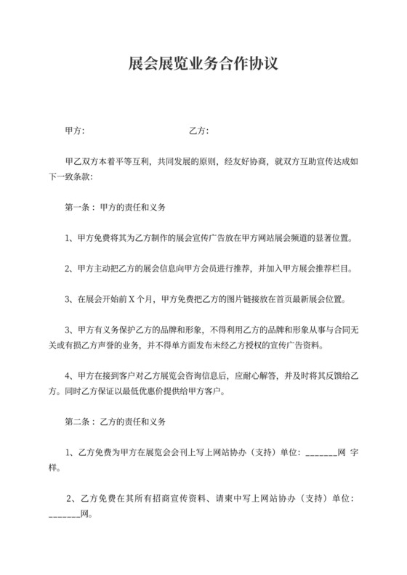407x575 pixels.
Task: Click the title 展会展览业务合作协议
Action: pos(203,65)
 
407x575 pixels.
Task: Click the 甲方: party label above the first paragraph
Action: pos(75,131)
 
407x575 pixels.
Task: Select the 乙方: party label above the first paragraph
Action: pos(198,131)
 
